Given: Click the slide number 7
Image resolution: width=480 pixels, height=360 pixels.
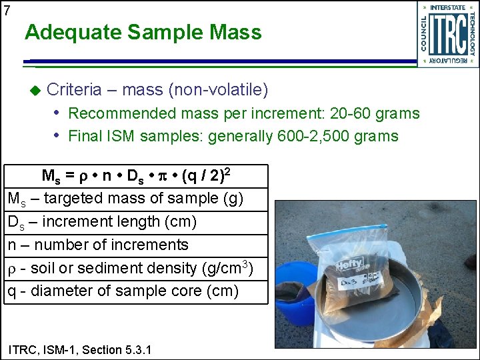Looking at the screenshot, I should (x=7, y=10).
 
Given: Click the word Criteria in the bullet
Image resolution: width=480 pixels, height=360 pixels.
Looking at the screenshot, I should (x=75, y=89).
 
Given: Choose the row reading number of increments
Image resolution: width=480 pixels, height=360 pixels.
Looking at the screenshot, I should (x=98, y=245).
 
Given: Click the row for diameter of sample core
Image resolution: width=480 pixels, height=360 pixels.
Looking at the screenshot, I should (x=123, y=291).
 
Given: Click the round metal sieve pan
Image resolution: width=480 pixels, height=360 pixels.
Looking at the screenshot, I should (x=393, y=313).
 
